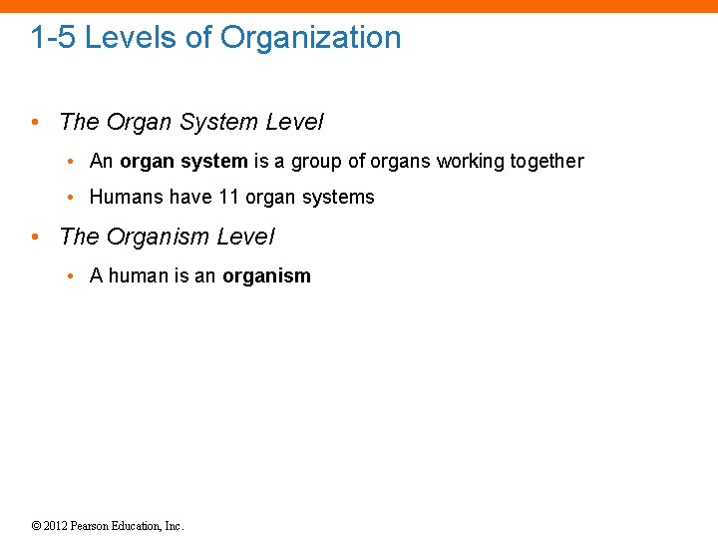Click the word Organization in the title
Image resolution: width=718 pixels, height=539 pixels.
tap(310, 38)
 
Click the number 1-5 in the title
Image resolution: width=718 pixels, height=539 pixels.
tap(53, 38)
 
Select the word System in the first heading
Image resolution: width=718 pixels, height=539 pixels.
tap(219, 123)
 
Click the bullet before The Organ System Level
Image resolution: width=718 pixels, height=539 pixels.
tap(35, 123)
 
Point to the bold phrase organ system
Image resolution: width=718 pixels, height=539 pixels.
tap(183, 162)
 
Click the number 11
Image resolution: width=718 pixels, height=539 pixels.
tap(229, 198)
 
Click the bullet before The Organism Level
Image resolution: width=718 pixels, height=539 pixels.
tap(35, 238)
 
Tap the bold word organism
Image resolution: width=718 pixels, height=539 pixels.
tap(266, 276)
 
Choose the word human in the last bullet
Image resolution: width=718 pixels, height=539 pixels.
tap(139, 276)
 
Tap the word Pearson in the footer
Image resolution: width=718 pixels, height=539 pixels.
tap(95, 526)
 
